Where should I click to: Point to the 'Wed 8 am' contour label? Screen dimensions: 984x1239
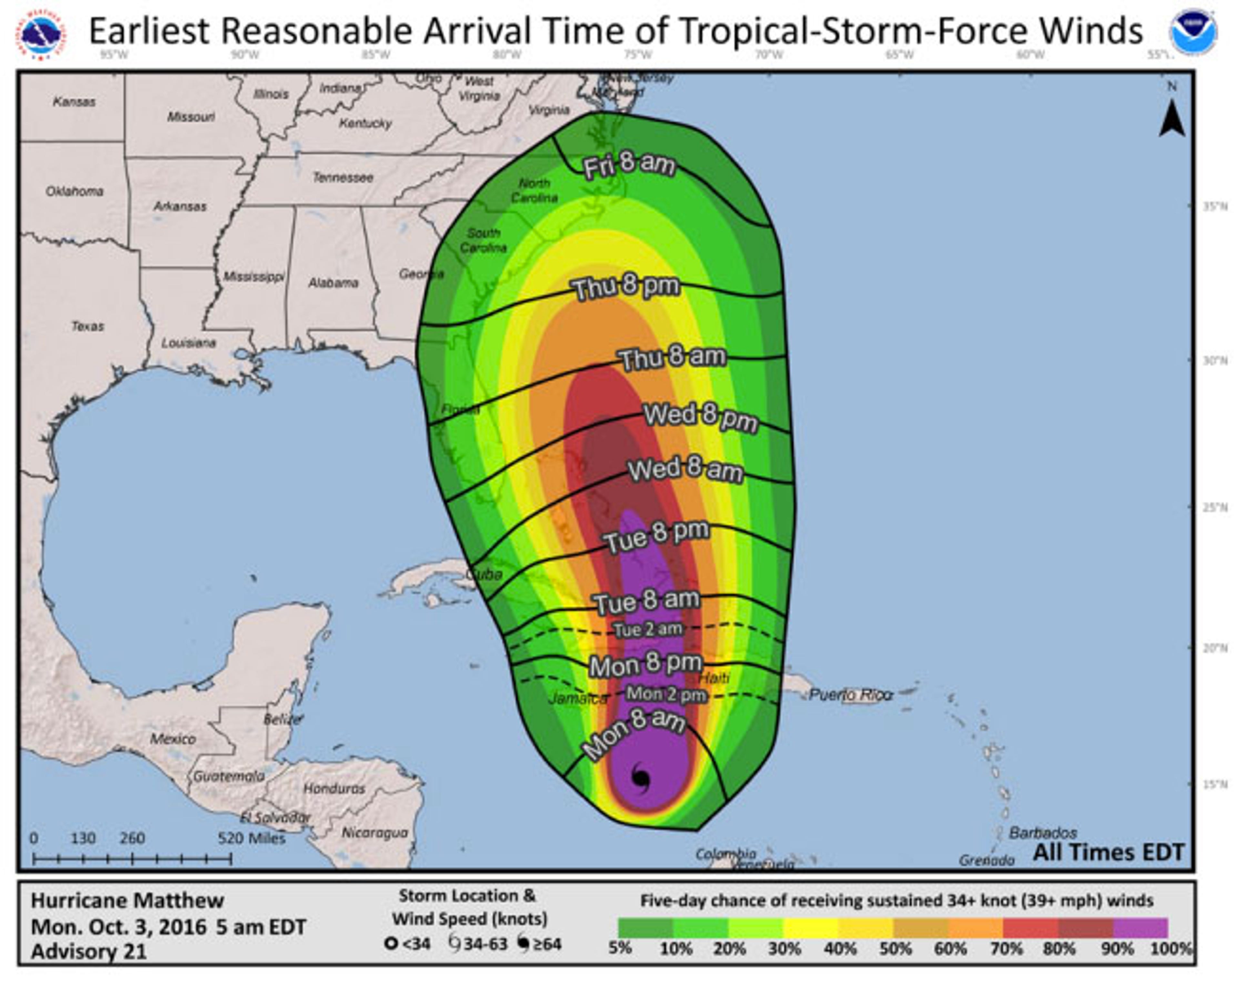click(x=685, y=470)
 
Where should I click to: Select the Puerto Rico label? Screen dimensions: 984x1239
click(x=851, y=695)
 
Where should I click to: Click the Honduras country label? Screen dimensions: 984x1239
click(x=334, y=788)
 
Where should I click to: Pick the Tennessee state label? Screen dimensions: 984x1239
click(x=343, y=177)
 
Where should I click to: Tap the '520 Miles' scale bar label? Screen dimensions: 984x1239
click(x=252, y=838)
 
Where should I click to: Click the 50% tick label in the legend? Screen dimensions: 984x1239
click(x=895, y=949)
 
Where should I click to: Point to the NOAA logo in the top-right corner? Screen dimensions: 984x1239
click(x=1194, y=32)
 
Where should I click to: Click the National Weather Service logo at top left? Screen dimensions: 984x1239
click(x=40, y=35)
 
